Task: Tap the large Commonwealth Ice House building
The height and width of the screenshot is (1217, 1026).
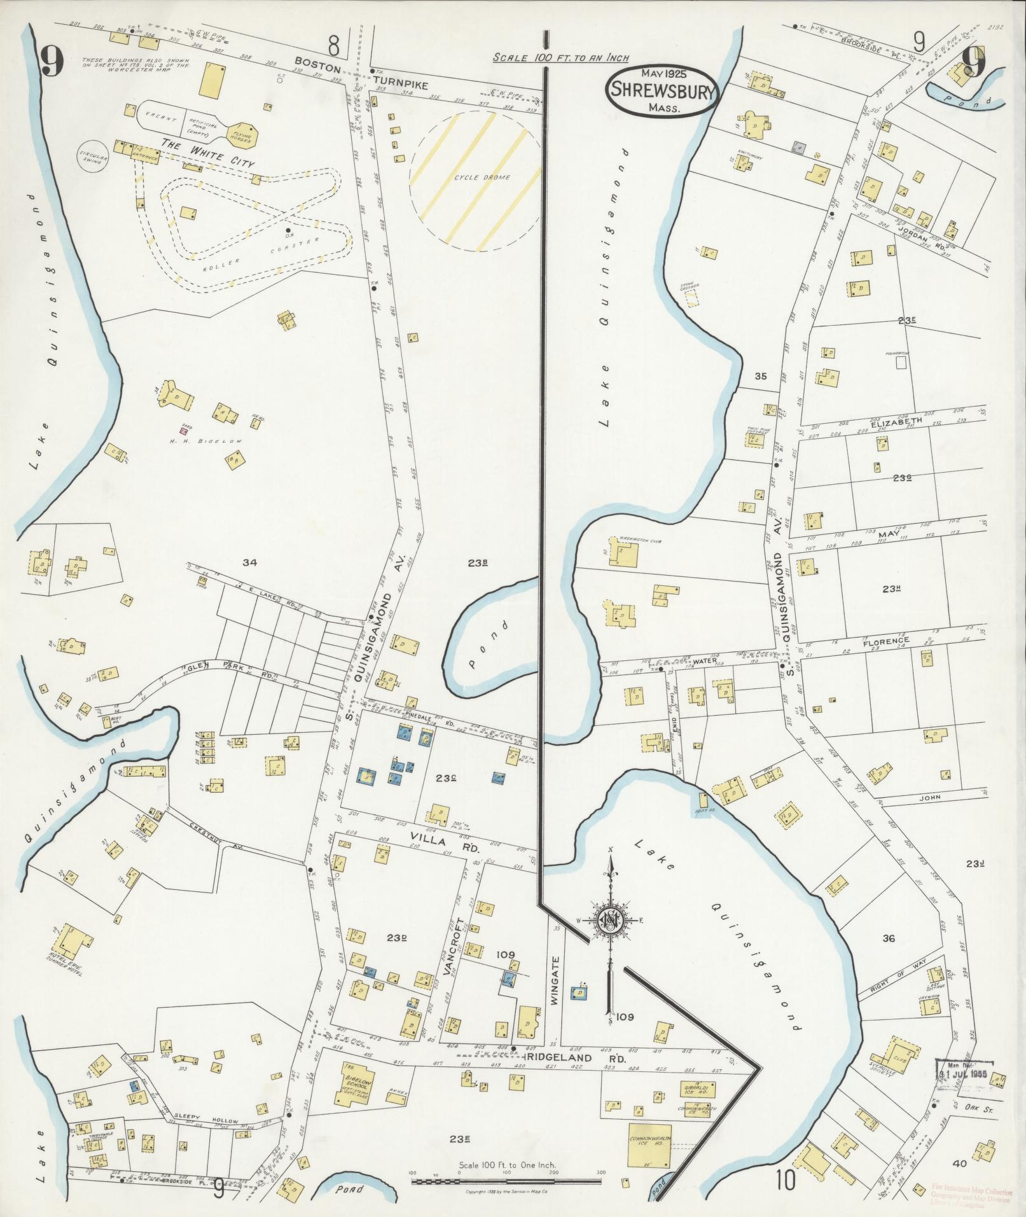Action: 649,1145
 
